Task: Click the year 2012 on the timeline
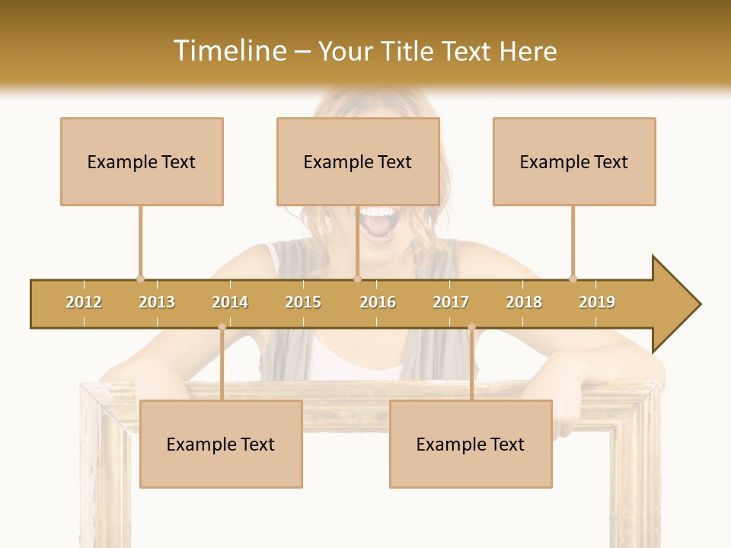coord(84,302)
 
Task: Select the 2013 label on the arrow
coord(157,302)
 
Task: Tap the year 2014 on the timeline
coord(230,302)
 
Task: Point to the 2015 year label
coord(303,302)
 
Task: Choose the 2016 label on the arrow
coord(378,302)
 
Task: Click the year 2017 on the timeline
coord(451,302)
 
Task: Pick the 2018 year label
coord(524,302)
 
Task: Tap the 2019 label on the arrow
coord(597,302)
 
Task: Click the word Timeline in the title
coord(229,51)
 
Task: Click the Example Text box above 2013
coord(142,161)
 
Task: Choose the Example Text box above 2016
coord(358,161)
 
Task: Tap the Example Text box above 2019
coord(574,161)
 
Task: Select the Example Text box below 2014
coord(221,444)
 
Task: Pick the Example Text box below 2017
coord(471,444)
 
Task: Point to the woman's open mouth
coord(378,223)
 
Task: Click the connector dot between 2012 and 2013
coord(140,279)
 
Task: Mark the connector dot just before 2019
coord(573,279)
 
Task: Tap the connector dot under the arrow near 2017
coord(471,327)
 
